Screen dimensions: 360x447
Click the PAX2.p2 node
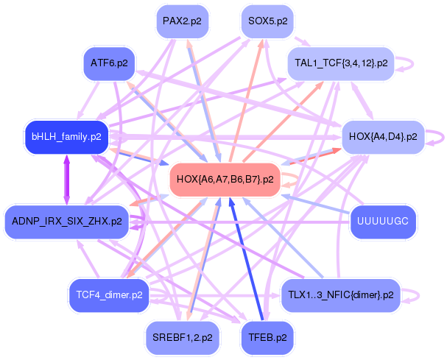coord(181,21)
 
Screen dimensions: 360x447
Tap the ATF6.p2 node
coord(109,63)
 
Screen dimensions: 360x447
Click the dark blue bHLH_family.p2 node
coord(66,136)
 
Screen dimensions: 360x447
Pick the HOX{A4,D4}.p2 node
coord(382,136)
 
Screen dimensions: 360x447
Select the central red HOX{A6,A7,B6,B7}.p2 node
coord(225,179)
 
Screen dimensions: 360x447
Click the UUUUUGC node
coord(382,221)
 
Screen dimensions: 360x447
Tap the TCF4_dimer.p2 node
coord(108,294)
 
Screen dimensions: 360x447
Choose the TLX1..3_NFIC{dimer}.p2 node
coord(340,294)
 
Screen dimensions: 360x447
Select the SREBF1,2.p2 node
coord(181,337)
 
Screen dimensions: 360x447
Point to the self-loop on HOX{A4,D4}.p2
coord(439,136)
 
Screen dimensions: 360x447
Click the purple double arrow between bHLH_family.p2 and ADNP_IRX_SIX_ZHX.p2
coord(66,178)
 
